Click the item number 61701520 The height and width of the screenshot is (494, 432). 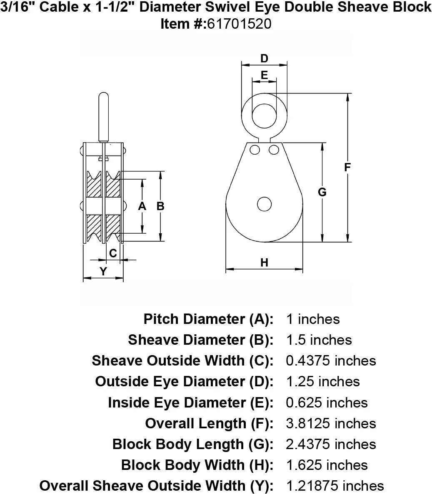point(239,24)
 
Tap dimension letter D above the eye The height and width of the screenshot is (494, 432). point(264,58)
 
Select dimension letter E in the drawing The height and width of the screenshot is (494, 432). point(265,75)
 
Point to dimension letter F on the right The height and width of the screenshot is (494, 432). point(347,167)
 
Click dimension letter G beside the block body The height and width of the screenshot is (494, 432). point(322,192)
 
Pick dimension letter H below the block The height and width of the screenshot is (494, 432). point(264,262)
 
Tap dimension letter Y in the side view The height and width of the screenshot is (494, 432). point(103,271)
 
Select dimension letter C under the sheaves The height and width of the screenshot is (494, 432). point(113,253)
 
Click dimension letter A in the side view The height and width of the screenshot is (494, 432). point(142,206)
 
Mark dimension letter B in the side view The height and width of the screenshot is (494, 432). point(160,206)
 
